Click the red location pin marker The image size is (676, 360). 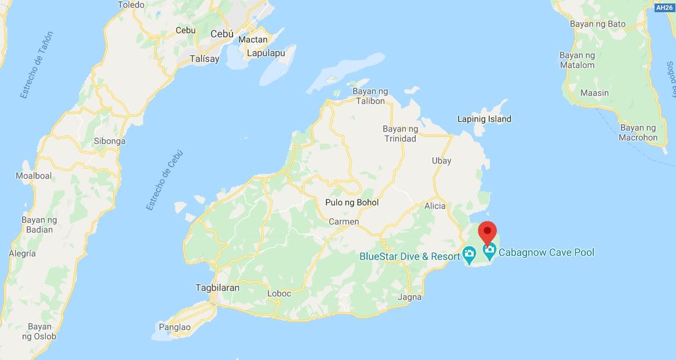tap(487, 231)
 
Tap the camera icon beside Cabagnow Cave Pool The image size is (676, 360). tap(489, 252)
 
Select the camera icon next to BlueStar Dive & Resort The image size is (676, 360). tap(469, 254)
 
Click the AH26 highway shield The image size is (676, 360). tap(664, 8)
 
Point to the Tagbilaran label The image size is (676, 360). tap(217, 288)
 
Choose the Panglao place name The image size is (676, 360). tap(174, 327)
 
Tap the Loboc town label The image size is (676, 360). tap(279, 293)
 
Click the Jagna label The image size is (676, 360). tap(410, 297)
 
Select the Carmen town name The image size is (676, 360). tap(344, 221)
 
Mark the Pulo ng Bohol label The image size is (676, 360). tap(351, 202)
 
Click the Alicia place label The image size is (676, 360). tap(435, 206)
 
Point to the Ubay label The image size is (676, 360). tap(441, 161)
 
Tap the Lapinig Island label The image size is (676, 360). tap(484, 119)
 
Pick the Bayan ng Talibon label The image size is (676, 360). tap(369, 96)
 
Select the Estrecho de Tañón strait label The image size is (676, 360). tap(36, 64)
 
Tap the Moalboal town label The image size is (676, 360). tap(34, 176)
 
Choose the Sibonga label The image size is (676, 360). tap(110, 141)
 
